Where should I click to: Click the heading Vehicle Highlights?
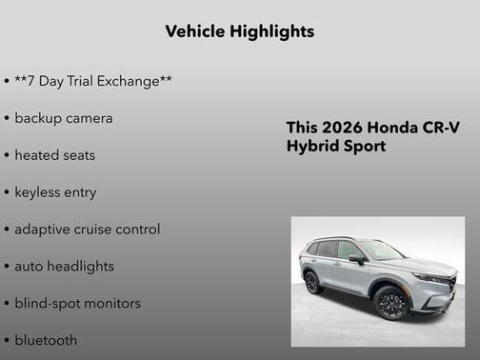239,31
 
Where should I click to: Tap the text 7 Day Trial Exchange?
93,81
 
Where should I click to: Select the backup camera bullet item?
64,118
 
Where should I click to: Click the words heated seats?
55,154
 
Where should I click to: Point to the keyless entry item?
55,192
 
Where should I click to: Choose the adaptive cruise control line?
87,230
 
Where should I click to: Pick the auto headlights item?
64,267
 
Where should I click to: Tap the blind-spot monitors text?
77,304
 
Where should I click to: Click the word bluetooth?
46,340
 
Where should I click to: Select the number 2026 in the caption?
341,129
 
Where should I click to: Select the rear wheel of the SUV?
311,282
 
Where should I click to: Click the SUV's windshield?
381,250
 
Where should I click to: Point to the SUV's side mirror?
356,258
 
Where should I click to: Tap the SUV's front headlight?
434,277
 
